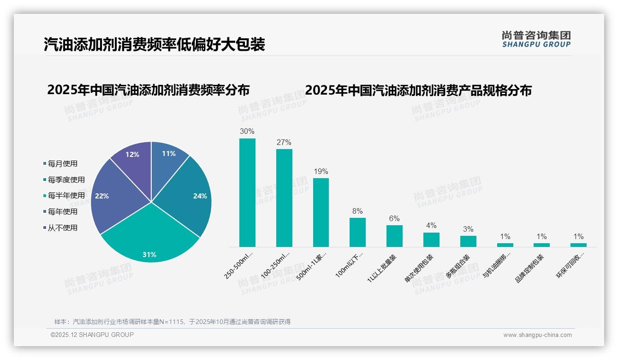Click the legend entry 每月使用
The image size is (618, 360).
(62, 163)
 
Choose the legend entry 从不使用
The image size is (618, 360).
(62, 228)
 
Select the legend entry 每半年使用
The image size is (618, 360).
(66, 196)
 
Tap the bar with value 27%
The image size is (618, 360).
(284, 198)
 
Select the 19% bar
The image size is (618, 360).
(321, 212)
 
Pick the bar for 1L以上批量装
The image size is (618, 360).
(394, 236)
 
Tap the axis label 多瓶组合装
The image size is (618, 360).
(458, 266)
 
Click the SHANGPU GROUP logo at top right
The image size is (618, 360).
(536, 39)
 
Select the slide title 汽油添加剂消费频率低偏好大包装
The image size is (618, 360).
(154, 44)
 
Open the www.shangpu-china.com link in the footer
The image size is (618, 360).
(537, 335)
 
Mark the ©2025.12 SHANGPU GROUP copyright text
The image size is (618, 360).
(92, 335)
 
